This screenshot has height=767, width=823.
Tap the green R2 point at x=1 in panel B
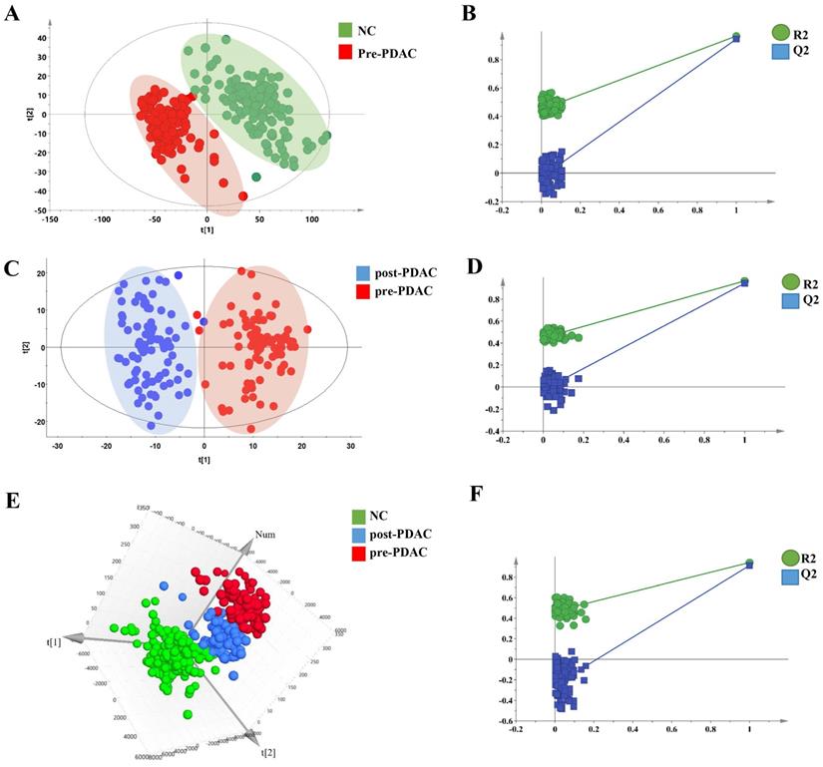click(x=736, y=36)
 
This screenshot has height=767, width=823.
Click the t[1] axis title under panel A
click(x=206, y=230)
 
